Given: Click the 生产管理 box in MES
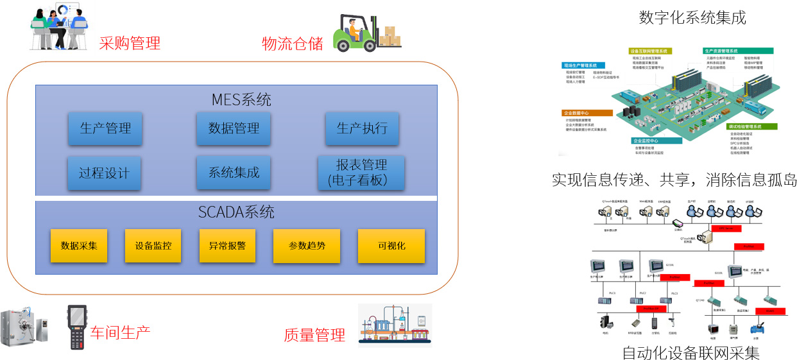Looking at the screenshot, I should [x=105, y=128].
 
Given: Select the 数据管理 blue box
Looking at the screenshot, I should [x=234, y=128].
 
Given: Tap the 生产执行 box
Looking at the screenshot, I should [x=362, y=128].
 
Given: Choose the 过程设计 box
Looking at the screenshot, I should [x=105, y=173].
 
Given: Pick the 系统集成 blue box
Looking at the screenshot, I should [x=234, y=173].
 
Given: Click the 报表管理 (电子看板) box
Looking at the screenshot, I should [x=361, y=173].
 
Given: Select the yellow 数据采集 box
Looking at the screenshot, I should [x=79, y=246].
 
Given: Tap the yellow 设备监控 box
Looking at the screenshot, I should [x=153, y=246].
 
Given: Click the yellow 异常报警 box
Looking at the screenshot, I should [x=227, y=246].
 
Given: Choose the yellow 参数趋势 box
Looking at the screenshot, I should [x=307, y=246].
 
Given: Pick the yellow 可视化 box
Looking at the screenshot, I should [x=391, y=246].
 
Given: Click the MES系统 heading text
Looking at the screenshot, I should [x=241, y=100].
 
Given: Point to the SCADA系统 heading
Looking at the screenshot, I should [x=236, y=212].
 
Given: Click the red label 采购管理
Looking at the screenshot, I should [x=130, y=44].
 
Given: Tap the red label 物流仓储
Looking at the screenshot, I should [x=293, y=44].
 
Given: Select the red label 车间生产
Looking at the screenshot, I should [x=120, y=332].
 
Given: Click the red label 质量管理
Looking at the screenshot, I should [x=314, y=334].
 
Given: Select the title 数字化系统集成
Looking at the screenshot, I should [x=692, y=17].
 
